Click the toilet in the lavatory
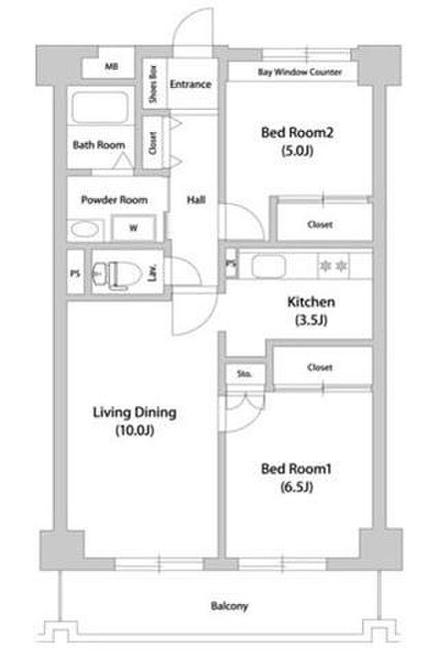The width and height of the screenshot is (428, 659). pyautogui.click(x=117, y=275)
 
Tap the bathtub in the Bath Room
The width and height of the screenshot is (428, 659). pyautogui.click(x=100, y=107)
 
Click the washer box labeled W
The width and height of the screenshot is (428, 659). pyautogui.click(x=134, y=228)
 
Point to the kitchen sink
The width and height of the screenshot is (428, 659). pyautogui.click(x=269, y=267)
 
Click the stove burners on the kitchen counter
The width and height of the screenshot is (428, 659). pyautogui.click(x=333, y=266)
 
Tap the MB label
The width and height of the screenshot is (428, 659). pyautogui.click(x=111, y=67)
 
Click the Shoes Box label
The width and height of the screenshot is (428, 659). pyautogui.click(x=153, y=84)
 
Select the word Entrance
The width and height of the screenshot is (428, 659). pyautogui.click(x=190, y=84)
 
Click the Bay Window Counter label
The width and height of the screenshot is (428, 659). pyautogui.click(x=300, y=72)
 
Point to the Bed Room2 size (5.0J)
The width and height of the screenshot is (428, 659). pyautogui.click(x=298, y=150)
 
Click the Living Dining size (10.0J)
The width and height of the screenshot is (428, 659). pyautogui.click(x=135, y=430)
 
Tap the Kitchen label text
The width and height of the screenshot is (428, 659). pyautogui.click(x=311, y=302)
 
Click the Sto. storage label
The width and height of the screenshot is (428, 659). pyautogui.click(x=244, y=373)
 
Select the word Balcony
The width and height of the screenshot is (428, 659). pyautogui.click(x=229, y=606)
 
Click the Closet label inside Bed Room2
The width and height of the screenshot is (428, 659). pyautogui.click(x=320, y=225)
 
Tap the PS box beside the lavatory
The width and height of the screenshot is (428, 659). pyautogui.click(x=75, y=273)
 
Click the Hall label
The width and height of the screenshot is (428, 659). pyautogui.click(x=196, y=200)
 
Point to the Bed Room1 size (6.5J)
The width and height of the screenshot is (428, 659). pyautogui.click(x=297, y=487)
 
